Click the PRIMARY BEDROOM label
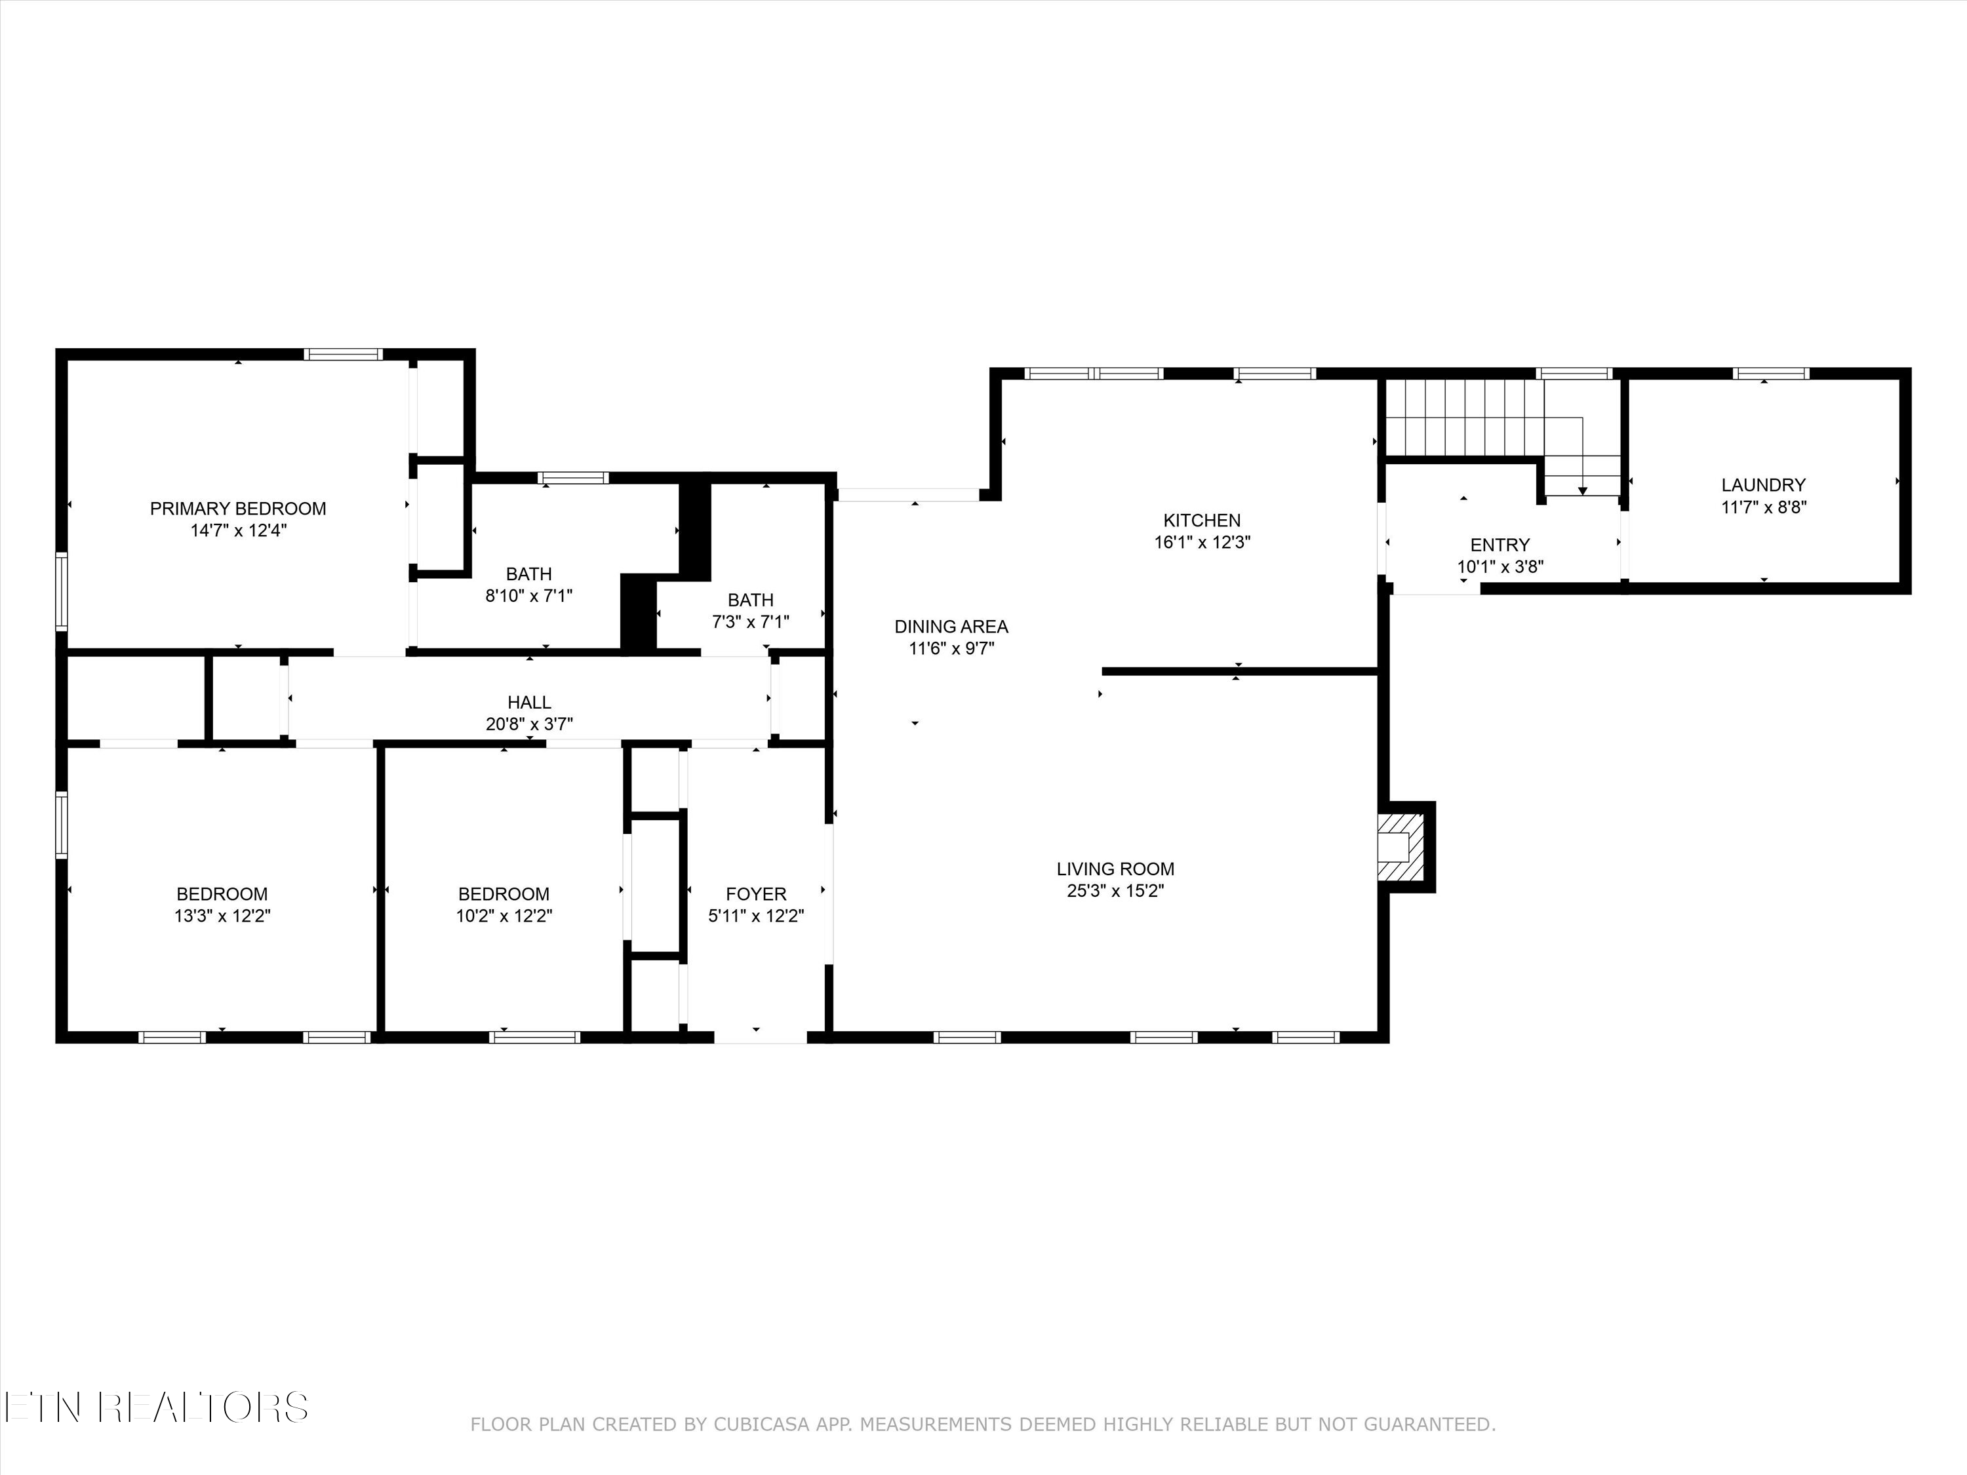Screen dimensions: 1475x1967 [x=237, y=509]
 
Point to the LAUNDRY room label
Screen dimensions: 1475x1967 [x=1762, y=484]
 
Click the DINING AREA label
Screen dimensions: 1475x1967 [x=951, y=627]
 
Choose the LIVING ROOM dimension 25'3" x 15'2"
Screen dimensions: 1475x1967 [x=1115, y=891]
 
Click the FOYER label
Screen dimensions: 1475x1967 [x=756, y=894]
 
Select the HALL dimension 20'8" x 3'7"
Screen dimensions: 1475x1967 [x=529, y=724]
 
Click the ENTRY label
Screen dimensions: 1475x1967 [x=1500, y=545]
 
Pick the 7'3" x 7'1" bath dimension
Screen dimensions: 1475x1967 [x=751, y=622]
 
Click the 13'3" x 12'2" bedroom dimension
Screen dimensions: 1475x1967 [x=222, y=916]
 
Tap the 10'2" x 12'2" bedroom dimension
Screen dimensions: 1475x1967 [x=504, y=916]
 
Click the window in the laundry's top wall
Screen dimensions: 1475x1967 [x=1770, y=374]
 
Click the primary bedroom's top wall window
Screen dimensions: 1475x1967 [x=344, y=354]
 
